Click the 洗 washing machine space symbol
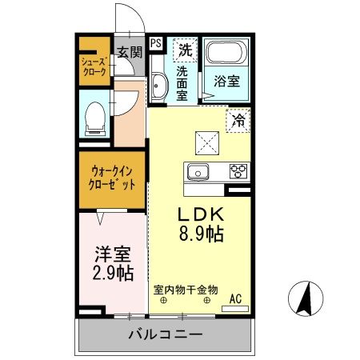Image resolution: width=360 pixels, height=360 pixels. point(185,49)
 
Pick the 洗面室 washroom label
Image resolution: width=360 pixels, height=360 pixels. point(184,80)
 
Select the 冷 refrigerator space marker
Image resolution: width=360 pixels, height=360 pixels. point(238,121)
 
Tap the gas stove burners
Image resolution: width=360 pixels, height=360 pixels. point(238,170)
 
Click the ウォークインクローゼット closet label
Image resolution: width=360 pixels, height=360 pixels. point(111,177)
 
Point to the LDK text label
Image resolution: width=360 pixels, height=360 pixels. point(200,215)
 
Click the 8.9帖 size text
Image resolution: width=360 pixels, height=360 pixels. point(201,234)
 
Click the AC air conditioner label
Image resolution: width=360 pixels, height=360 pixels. point(236,299)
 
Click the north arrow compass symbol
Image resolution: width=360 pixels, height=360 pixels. point(306,300)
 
